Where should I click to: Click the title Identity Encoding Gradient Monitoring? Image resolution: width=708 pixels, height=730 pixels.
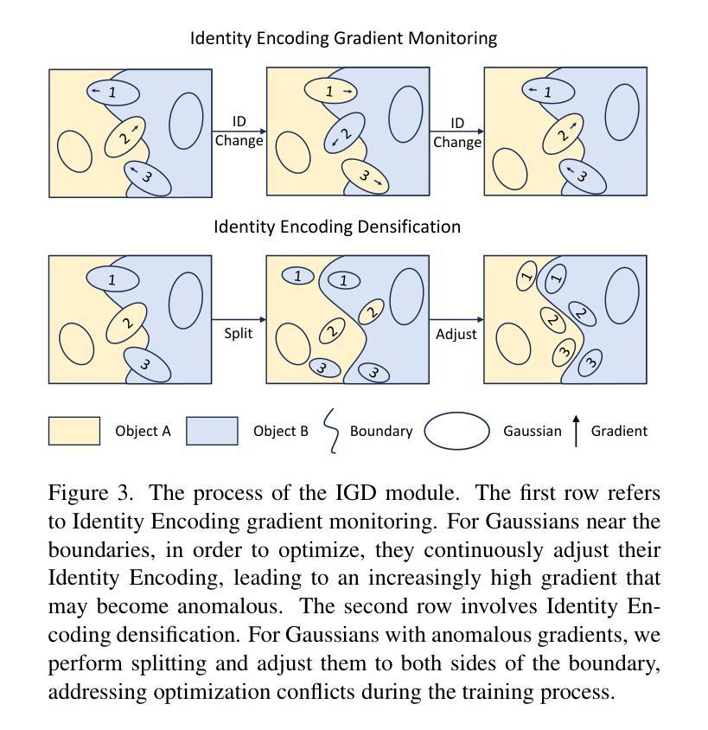343,38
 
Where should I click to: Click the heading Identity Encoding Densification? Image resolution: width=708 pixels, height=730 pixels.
337,227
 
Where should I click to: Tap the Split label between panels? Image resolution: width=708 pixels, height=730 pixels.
239,333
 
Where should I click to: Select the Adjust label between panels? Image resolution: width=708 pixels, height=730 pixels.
456,334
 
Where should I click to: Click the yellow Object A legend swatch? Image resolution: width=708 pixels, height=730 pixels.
74,431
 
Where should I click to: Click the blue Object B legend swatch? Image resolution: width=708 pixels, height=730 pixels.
212,431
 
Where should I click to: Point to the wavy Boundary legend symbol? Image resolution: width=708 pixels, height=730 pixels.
331,431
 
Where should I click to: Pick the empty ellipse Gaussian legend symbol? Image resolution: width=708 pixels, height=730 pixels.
456,431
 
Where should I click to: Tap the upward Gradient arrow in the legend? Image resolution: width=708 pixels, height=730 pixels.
576,431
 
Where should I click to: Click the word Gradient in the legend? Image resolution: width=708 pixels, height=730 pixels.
619,431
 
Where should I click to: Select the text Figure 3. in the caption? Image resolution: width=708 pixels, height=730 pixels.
91,493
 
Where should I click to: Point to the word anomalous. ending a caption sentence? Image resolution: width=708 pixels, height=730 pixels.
230,606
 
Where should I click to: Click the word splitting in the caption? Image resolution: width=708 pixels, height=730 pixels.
169,664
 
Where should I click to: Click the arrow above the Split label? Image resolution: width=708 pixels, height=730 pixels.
239,319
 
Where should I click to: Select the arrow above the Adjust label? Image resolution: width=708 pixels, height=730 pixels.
456,319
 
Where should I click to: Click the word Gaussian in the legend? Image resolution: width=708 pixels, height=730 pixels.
533,431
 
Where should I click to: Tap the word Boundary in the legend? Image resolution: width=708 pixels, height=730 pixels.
381,432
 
